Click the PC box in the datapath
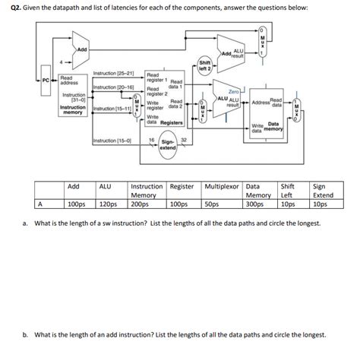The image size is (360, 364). (x=45, y=78)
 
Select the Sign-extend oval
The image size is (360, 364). (x=168, y=144)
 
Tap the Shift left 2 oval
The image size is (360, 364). (x=205, y=65)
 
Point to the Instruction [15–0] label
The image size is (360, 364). (x=111, y=141)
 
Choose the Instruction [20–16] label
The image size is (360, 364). (x=112, y=88)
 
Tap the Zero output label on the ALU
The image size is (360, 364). (x=233, y=90)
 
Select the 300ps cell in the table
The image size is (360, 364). (x=256, y=204)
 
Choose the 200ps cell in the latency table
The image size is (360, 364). (x=141, y=204)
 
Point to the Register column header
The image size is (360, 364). (x=182, y=186)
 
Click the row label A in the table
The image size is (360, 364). (x=39, y=204)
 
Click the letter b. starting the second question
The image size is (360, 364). (x=27, y=334)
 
